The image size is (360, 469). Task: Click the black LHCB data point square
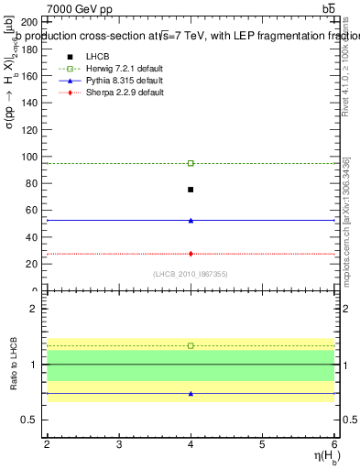pos(191,190)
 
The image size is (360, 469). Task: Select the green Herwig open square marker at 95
pos(191,163)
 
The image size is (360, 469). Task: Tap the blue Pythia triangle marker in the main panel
pos(191,220)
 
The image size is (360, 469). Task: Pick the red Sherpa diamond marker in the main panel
pos(191,254)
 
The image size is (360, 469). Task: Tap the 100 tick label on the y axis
pos(28,157)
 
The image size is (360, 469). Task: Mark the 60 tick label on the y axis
pos(31,211)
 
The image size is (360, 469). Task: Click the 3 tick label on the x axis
pos(119,444)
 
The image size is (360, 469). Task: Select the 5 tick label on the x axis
pos(262,444)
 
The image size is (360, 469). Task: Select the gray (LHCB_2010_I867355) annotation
pos(191,274)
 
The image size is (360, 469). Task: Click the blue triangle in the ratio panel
pos(191,394)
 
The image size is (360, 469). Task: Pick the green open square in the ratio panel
pos(191,345)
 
